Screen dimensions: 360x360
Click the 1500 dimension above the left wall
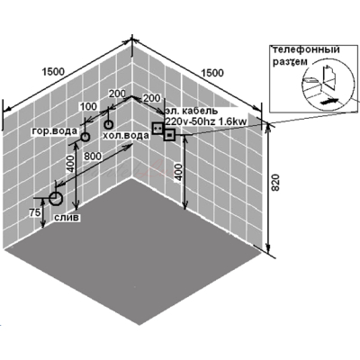[53, 72]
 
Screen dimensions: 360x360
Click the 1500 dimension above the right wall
[212, 73]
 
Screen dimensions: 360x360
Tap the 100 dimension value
[88, 106]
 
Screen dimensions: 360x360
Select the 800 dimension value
[93, 157]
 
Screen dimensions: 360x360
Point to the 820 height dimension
[274, 182]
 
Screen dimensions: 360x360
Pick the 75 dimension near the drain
[35, 212]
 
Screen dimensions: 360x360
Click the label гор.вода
[55, 131]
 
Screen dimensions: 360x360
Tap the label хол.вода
[126, 136]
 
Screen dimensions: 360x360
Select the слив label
[67, 217]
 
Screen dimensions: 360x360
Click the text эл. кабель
[192, 111]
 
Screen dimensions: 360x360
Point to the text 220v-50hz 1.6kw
[206, 121]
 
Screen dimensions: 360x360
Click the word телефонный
[306, 49]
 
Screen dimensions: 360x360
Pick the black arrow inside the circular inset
[329, 101]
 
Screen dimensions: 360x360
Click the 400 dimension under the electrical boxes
[179, 172]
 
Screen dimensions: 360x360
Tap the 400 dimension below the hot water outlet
[71, 164]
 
